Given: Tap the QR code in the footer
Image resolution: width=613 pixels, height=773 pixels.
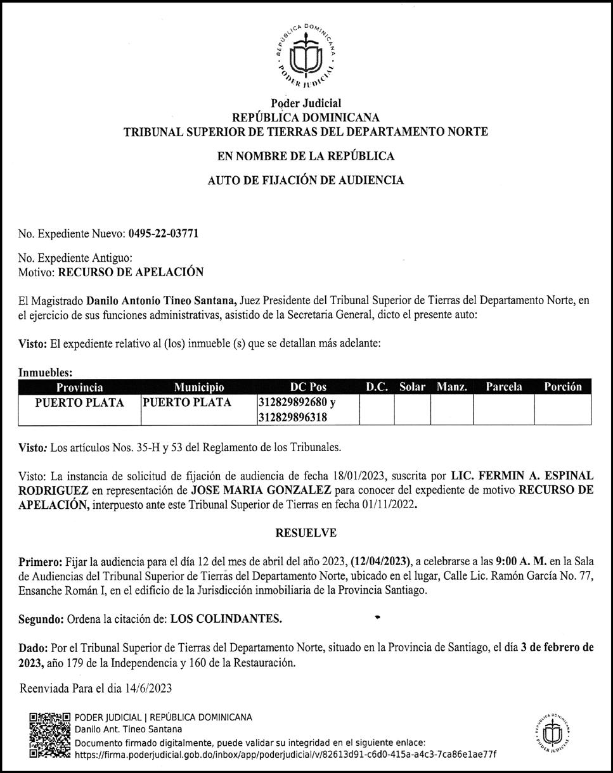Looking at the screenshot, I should [x=50, y=735].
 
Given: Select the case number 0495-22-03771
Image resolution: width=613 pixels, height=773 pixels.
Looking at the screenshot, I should [x=164, y=233].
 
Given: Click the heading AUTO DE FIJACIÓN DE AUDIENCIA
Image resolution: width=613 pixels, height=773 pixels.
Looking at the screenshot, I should [x=306, y=181].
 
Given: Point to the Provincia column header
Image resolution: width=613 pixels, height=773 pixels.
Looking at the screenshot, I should [x=80, y=387].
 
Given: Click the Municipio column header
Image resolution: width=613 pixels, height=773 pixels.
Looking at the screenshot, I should [x=198, y=387].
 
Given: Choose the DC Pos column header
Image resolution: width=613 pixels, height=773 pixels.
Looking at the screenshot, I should [x=308, y=387].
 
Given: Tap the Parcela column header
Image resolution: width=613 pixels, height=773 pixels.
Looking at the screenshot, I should [x=504, y=387].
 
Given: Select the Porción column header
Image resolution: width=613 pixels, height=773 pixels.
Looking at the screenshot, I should [x=562, y=387].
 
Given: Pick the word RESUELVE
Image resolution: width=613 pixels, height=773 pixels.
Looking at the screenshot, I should [x=306, y=533].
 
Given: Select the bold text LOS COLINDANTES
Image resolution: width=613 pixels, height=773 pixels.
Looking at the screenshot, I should [x=227, y=619].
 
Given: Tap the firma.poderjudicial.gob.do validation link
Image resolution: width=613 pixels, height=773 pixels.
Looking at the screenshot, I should [x=285, y=755].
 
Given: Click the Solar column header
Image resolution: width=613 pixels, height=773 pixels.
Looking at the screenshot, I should [x=412, y=387].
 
